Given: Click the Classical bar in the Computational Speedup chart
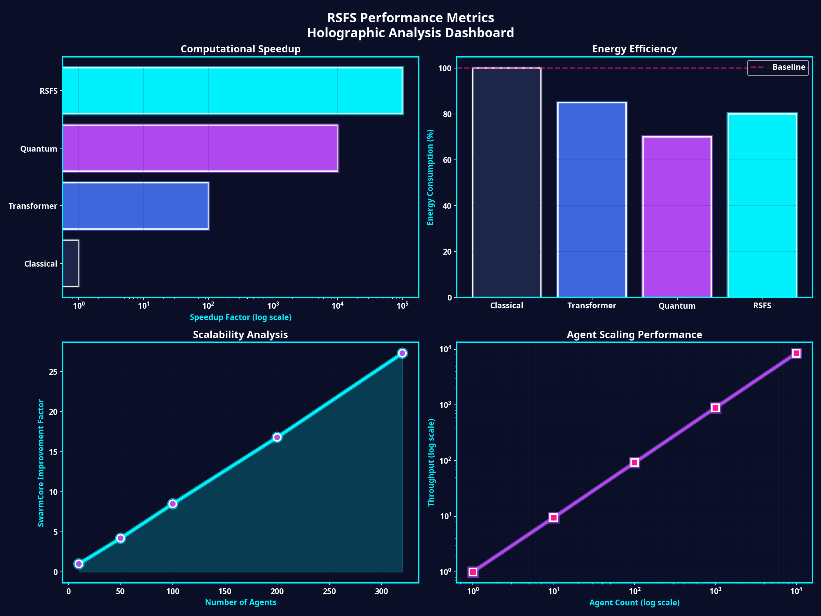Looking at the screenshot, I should [x=70, y=263].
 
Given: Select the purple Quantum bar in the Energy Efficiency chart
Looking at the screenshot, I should [x=677, y=217].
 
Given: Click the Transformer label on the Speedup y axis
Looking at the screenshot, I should [x=33, y=206].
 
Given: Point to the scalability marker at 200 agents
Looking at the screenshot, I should [x=277, y=437].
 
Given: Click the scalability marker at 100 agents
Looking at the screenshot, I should [x=173, y=503].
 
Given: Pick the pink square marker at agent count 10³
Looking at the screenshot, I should [x=715, y=408].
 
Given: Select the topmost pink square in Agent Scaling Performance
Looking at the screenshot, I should [x=796, y=353].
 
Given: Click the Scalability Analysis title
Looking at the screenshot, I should [x=240, y=335].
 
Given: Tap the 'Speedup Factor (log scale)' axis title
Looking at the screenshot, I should [x=240, y=318].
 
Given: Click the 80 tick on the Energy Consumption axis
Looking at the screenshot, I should [x=447, y=114].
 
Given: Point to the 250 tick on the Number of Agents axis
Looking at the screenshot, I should [x=329, y=591].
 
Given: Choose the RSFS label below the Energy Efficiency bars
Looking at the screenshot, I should [x=762, y=306].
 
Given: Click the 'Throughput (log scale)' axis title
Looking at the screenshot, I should [x=431, y=462].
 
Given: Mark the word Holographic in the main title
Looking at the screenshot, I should [x=346, y=33].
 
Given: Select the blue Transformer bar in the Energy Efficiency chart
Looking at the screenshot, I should [x=591, y=200].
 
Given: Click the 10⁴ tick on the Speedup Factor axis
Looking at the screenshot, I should [x=337, y=306].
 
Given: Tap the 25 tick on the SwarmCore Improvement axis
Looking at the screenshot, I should [x=53, y=372].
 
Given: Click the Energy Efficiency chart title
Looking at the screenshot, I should [x=634, y=49].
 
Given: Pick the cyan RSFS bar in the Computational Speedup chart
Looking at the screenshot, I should [x=233, y=91].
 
